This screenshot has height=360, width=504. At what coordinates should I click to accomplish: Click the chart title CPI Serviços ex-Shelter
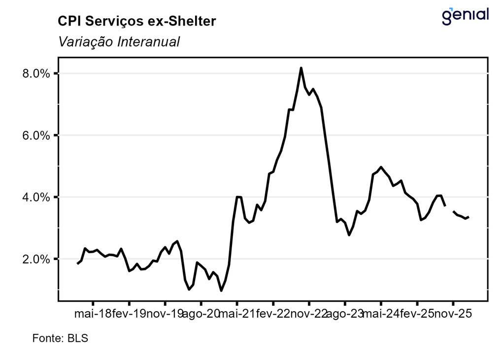click(136, 21)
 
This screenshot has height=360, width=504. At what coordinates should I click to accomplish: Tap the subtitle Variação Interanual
click(119, 42)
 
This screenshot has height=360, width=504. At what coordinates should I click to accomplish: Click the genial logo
click(465, 16)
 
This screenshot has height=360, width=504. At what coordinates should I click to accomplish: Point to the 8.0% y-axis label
click(36, 74)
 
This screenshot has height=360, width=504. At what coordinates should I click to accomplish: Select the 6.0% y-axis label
click(36, 135)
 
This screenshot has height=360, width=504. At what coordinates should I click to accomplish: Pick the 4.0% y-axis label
click(36, 197)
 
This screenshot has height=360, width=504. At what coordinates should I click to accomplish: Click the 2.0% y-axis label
click(36, 259)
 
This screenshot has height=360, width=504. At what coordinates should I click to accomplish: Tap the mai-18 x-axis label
click(93, 314)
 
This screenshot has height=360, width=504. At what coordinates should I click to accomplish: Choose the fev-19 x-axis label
click(129, 314)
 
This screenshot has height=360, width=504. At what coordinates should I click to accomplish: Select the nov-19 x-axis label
click(165, 314)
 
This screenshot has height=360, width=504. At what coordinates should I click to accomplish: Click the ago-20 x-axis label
click(201, 314)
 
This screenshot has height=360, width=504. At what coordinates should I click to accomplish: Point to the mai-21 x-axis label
click(237, 314)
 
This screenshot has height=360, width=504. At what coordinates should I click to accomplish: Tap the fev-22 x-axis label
click(273, 314)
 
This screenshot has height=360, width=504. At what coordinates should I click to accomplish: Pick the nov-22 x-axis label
click(309, 314)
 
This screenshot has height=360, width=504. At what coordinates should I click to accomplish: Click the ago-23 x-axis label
click(345, 314)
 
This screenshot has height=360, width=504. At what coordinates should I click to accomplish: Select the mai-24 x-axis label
click(381, 314)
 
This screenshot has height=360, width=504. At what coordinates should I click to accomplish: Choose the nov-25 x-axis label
click(453, 314)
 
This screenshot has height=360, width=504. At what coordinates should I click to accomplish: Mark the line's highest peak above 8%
click(301, 68)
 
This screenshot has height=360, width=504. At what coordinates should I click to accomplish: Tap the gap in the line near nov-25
click(449, 208)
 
